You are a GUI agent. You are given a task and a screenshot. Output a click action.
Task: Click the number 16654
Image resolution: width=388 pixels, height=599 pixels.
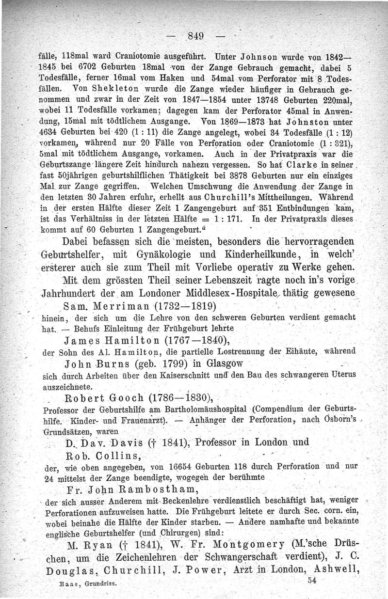(x=169, y=467)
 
